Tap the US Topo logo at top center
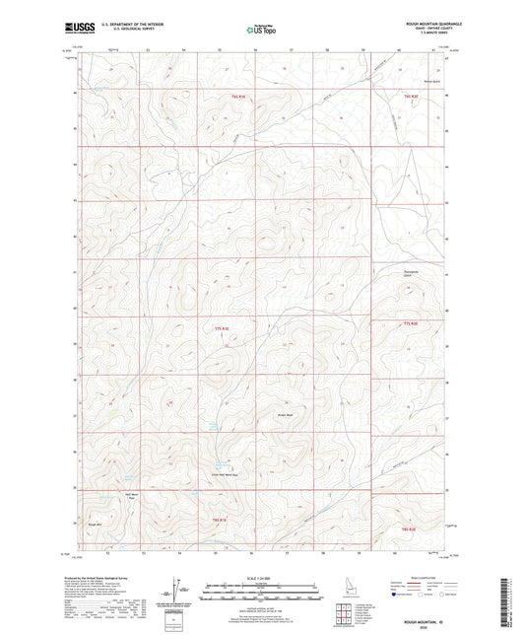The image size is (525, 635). point(261,30)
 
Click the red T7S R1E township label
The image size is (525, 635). point(222,328)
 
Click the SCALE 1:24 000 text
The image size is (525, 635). point(262,578)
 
